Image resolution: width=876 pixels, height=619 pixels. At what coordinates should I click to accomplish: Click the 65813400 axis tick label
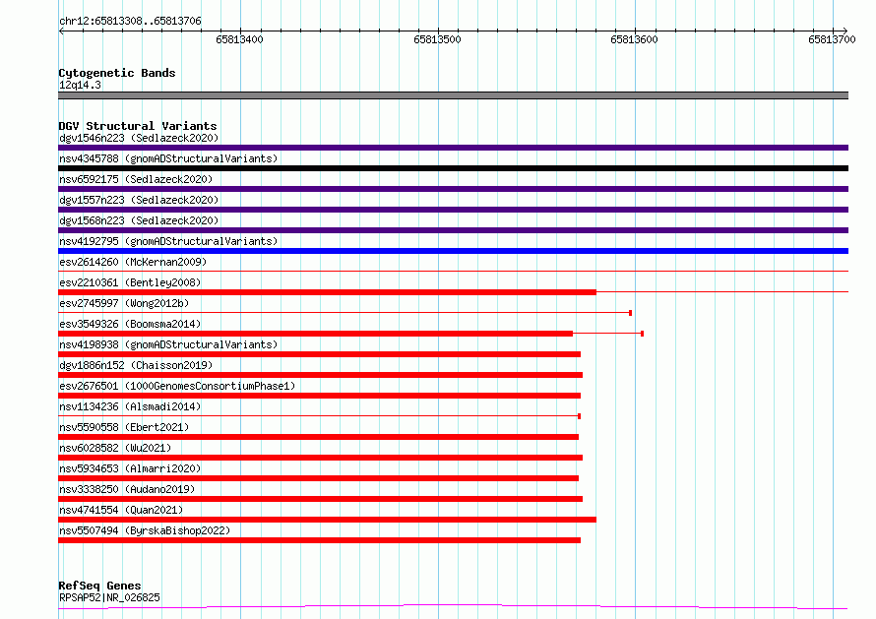[x=239, y=39]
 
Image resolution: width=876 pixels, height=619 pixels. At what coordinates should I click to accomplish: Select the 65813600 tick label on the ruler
[x=634, y=39]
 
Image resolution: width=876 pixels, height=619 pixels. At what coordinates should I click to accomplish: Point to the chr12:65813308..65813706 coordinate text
[x=130, y=21]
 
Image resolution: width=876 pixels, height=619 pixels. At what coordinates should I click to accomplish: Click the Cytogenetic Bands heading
[x=117, y=73]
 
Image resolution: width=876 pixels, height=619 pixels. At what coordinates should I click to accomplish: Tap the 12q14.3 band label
[x=80, y=85]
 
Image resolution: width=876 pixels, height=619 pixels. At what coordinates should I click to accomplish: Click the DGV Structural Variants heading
[x=138, y=126]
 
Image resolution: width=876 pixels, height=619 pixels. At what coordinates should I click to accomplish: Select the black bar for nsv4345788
[x=453, y=168]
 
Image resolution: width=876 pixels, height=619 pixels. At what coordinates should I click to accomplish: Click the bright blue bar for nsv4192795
[x=453, y=251]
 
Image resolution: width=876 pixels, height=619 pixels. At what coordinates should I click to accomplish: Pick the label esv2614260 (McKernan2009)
[x=133, y=262]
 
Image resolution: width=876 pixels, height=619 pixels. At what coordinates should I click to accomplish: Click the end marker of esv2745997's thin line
[x=631, y=313]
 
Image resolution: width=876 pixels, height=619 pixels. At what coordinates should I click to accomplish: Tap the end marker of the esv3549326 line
[x=643, y=334]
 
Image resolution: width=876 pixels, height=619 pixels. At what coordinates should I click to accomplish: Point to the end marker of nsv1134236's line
[x=580, y=416]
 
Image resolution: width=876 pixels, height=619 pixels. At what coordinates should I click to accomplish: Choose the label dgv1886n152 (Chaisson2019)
[x=136, y=365]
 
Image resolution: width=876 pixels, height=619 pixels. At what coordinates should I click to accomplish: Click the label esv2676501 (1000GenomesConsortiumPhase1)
[x=177, y=386]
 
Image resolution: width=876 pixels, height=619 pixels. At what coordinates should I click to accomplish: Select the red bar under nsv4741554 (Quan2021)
[x=328, y=520]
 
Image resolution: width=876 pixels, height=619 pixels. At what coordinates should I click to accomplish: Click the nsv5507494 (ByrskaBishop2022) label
[x=145, y=530]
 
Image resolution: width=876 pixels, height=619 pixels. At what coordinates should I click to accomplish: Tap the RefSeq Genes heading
[x=99, y=586]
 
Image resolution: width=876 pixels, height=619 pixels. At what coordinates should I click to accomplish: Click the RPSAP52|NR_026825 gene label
[x=109, y=597]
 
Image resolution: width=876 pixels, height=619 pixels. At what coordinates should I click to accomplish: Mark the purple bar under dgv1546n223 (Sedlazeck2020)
[x=453, y=148]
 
